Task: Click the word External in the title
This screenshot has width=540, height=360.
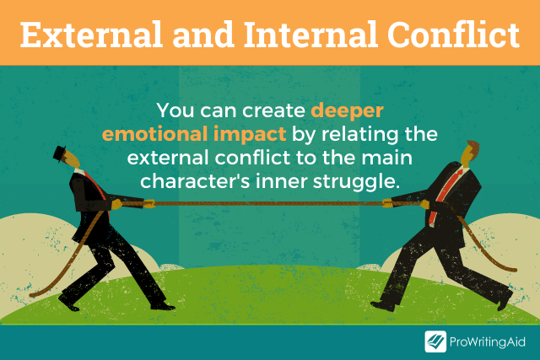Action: coord(91,35)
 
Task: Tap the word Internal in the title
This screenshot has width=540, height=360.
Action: coord(311,35)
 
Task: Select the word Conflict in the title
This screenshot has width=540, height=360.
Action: coord(454,35)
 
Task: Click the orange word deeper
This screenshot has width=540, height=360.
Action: coord(347,111)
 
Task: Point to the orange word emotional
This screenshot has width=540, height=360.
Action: coord(154,134)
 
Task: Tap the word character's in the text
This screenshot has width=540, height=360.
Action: coord(195,181)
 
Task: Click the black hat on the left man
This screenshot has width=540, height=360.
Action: coord(60,153)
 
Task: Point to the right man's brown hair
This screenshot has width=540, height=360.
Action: coord(472,147)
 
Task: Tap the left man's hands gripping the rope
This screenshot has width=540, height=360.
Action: coord(132,204)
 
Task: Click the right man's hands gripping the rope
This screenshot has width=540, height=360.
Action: coord(407,204)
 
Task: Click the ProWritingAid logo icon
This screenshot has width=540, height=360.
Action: coord(435,341)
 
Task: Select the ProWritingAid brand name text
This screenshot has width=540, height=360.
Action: coord(488,342)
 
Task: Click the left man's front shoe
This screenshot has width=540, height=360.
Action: coord(163,306)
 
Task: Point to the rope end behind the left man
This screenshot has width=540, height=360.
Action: coord(33,295)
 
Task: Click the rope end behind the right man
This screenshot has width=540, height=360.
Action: coord(513,270)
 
